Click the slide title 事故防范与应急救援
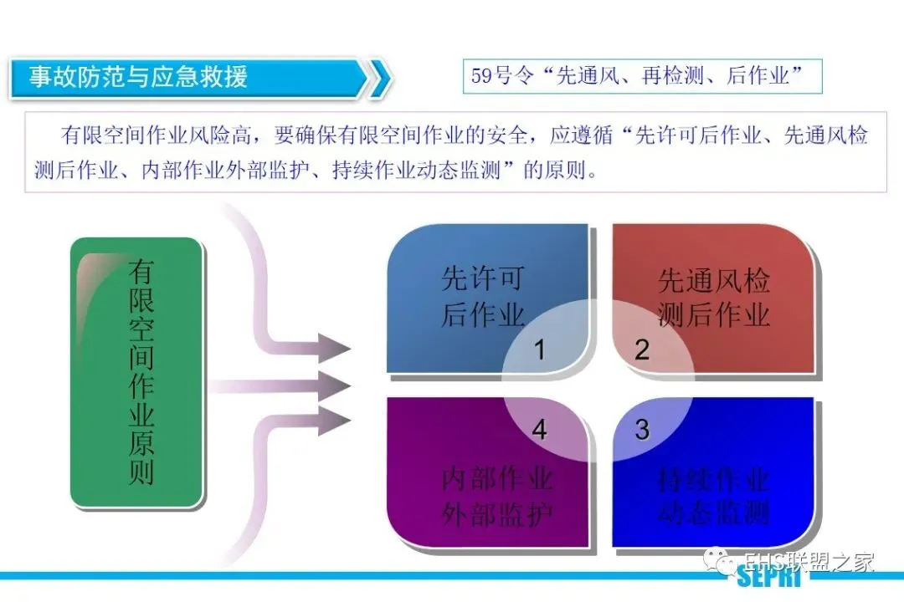(139, 78)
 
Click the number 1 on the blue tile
(540, 349)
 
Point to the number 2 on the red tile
(642, 349)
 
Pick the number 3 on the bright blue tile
(642, 430)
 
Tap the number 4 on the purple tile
(540, 430)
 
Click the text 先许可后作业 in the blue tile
(483, 297)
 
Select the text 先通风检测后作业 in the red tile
(713, 298)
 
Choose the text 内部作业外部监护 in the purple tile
(497, 497)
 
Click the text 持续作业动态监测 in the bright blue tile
(713, 495)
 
